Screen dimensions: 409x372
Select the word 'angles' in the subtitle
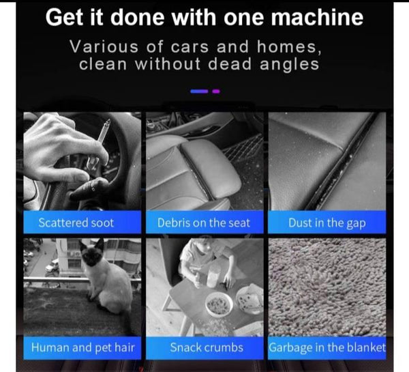coord(290,65)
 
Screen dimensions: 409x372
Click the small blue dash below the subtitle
coord(199,91)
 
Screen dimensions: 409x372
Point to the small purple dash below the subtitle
coord(216,91)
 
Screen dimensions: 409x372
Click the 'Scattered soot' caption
coord(76,223)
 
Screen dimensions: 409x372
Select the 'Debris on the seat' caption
coord(204,223)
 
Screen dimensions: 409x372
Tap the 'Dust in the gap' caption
coord(327,223)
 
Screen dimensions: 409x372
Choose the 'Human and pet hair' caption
coord(82,347)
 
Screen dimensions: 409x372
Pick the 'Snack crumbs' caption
coord(207,347)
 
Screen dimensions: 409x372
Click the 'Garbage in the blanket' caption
coord(327,348)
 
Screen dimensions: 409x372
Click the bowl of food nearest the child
coord(219,304)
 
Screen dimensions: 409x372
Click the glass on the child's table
coord(213,278)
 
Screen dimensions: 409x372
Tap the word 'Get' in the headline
coord(65,18)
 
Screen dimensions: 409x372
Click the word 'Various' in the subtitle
coord(104,47)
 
